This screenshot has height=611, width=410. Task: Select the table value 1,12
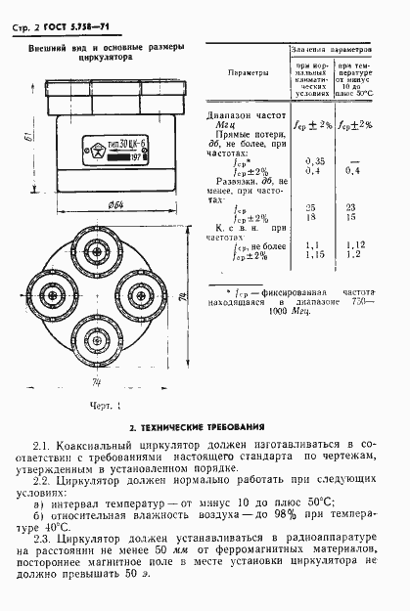pyautogui.click(x=354, y=245)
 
